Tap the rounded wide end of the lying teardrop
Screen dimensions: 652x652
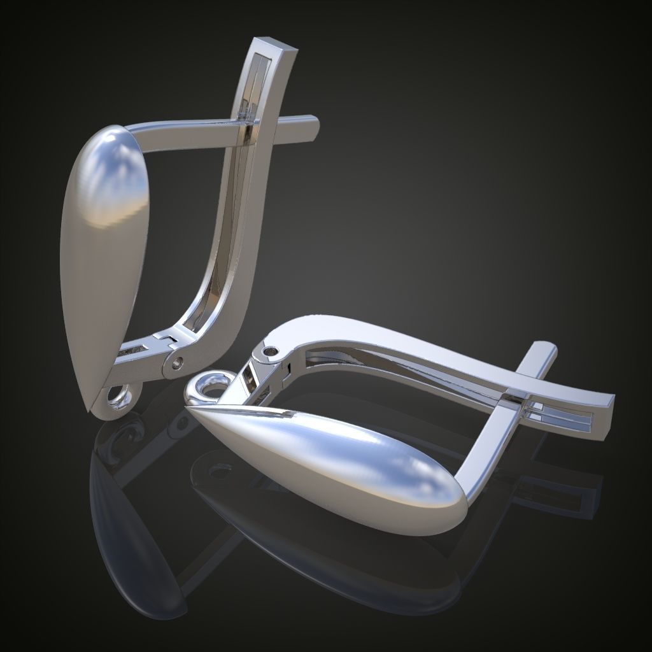(446, 503)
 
